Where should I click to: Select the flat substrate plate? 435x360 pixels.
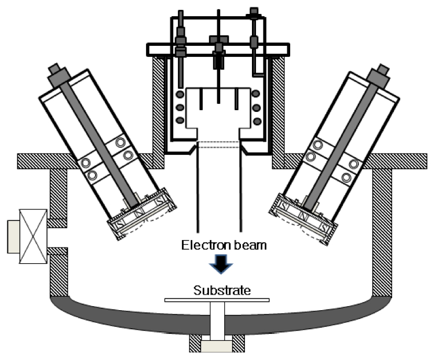pyautogui.click(x=217, y=300)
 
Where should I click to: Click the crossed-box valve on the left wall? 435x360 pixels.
pyautogui.click(x=33, y=237)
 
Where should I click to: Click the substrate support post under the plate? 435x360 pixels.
pyautogui.click(x=217, y=319)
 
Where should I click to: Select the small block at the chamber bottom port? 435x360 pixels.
pyautogui.click(x=217, y=346)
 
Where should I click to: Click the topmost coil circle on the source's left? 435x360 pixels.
pyautogui.click(x=181, y=94)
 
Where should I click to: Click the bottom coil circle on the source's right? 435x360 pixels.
pyautogui.click(x=257, y=121)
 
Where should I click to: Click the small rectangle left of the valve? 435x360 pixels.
pyautogui.click(x=13, y=237)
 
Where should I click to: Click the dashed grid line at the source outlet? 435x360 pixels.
pyautogui.click(x=218, y=143)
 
